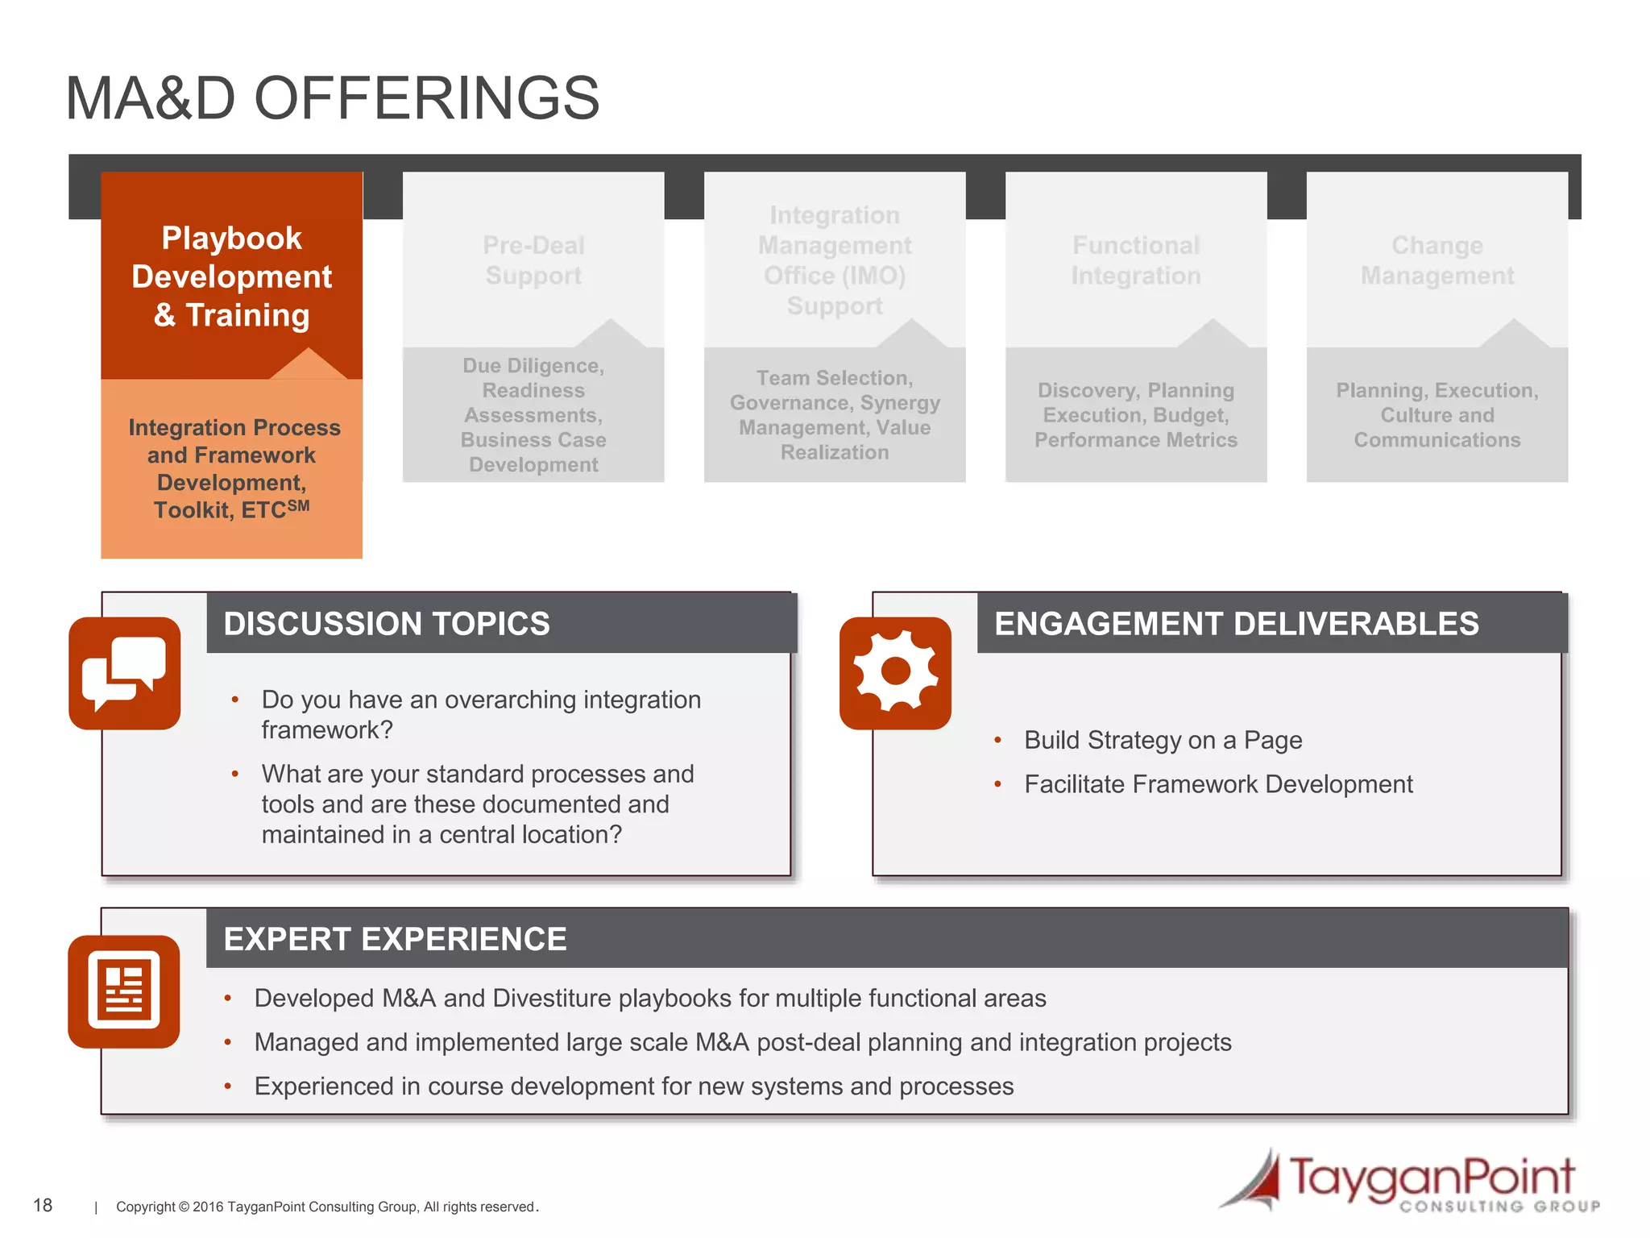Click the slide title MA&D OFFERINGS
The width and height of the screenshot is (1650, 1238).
(332, 98)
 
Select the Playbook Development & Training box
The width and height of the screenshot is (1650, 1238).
(231, 276)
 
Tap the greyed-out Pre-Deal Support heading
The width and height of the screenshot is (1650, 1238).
(533, 260)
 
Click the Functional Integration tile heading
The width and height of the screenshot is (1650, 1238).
(1135, 260)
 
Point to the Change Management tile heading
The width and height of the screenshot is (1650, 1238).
(1436, 260)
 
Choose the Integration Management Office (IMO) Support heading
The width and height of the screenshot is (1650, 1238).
(835, 260)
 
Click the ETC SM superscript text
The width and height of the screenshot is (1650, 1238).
(298, 506)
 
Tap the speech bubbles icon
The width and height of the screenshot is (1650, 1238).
(125, 674)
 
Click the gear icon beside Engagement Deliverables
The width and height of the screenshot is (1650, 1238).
(895, 672)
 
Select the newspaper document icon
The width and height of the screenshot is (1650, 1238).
(124, 991)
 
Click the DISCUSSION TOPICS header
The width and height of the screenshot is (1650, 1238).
(387, 624)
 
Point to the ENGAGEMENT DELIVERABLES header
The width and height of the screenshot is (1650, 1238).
(1236, 624)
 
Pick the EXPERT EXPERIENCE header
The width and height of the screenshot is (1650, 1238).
(395, 939)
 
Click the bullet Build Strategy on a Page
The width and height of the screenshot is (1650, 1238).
(1163, 740)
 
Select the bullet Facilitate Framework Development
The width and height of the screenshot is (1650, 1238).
(1218, 784)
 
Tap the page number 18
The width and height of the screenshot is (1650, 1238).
(43, 1205)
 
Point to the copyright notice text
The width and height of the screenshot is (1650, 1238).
(326, 1207)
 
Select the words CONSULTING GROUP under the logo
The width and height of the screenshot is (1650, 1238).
(1499, 1207)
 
